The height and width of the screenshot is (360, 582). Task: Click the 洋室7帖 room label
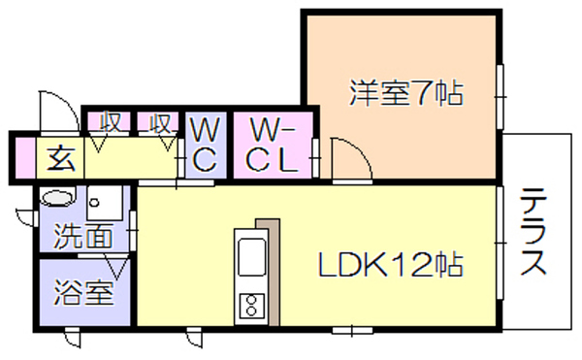pos(406,93)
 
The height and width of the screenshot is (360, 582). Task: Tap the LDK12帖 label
pos(391,265)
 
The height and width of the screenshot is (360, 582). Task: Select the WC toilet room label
pos(205,146)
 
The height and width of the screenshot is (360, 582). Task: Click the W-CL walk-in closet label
pos(273,146)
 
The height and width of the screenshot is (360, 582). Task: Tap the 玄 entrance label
pos(61,158)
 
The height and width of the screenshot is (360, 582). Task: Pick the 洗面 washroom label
pos(83,235)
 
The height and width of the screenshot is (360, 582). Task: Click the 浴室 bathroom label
pos(83,292)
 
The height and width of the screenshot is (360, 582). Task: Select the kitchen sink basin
pos(251,257)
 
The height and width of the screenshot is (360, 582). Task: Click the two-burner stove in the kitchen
pos(251,306)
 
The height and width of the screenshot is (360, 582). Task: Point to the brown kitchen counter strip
pos(272,272)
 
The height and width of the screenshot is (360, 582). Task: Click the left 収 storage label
pos(111,121)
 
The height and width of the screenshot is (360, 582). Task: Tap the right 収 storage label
pos(161,123)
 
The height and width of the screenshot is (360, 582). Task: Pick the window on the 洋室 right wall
pos(500,97)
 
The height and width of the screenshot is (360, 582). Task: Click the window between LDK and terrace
pos(500,243)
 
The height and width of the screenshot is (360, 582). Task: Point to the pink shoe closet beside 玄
pos(25,158)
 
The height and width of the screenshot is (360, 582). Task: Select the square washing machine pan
pos(105,203)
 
